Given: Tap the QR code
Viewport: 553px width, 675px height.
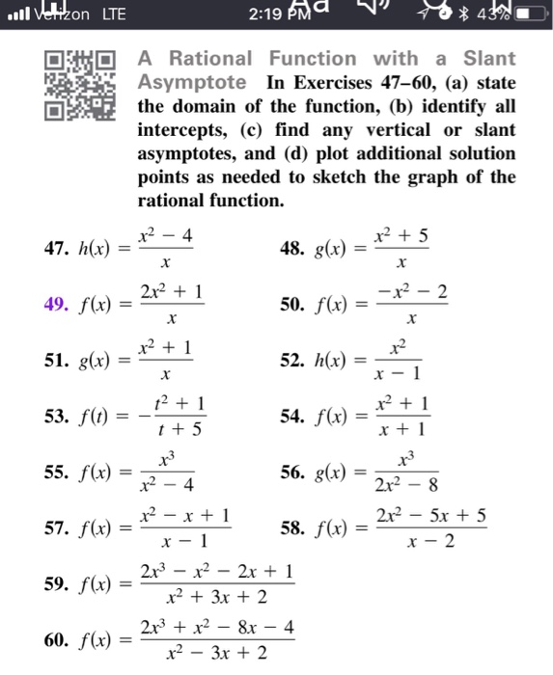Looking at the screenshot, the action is coord(82,86).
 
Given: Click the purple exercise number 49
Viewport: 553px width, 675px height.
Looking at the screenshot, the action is coord(57,305).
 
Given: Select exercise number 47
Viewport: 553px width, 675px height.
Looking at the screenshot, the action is coord(57,249).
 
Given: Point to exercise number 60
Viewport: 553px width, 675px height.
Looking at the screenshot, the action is coord(57,639).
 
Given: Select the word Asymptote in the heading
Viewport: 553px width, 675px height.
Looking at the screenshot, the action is coord(191,82).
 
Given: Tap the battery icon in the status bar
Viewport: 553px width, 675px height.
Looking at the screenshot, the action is coord(518,14).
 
